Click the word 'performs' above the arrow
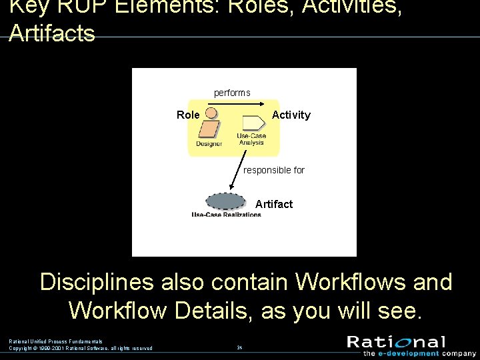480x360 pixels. click(x=232, y=93)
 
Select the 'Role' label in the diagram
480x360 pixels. click(x=188, y=115)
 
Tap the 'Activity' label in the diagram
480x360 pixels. click(x=291, y=115)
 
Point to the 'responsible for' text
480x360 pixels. click(x=274, y=170)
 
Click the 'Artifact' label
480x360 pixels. click(x=274, y=204)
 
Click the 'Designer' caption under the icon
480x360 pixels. click(x=209, y=144)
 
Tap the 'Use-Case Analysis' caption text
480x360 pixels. click(x=251, y=139)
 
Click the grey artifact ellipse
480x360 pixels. click(x=227, y=201)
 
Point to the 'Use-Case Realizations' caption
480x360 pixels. click(x=227, y=215)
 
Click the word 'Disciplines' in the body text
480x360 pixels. click(x=97, y=282)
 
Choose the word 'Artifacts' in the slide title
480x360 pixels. click(x=52, y=33)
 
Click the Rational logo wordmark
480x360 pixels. click(x=396, y=343)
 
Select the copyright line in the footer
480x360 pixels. click(x=81, y=348)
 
